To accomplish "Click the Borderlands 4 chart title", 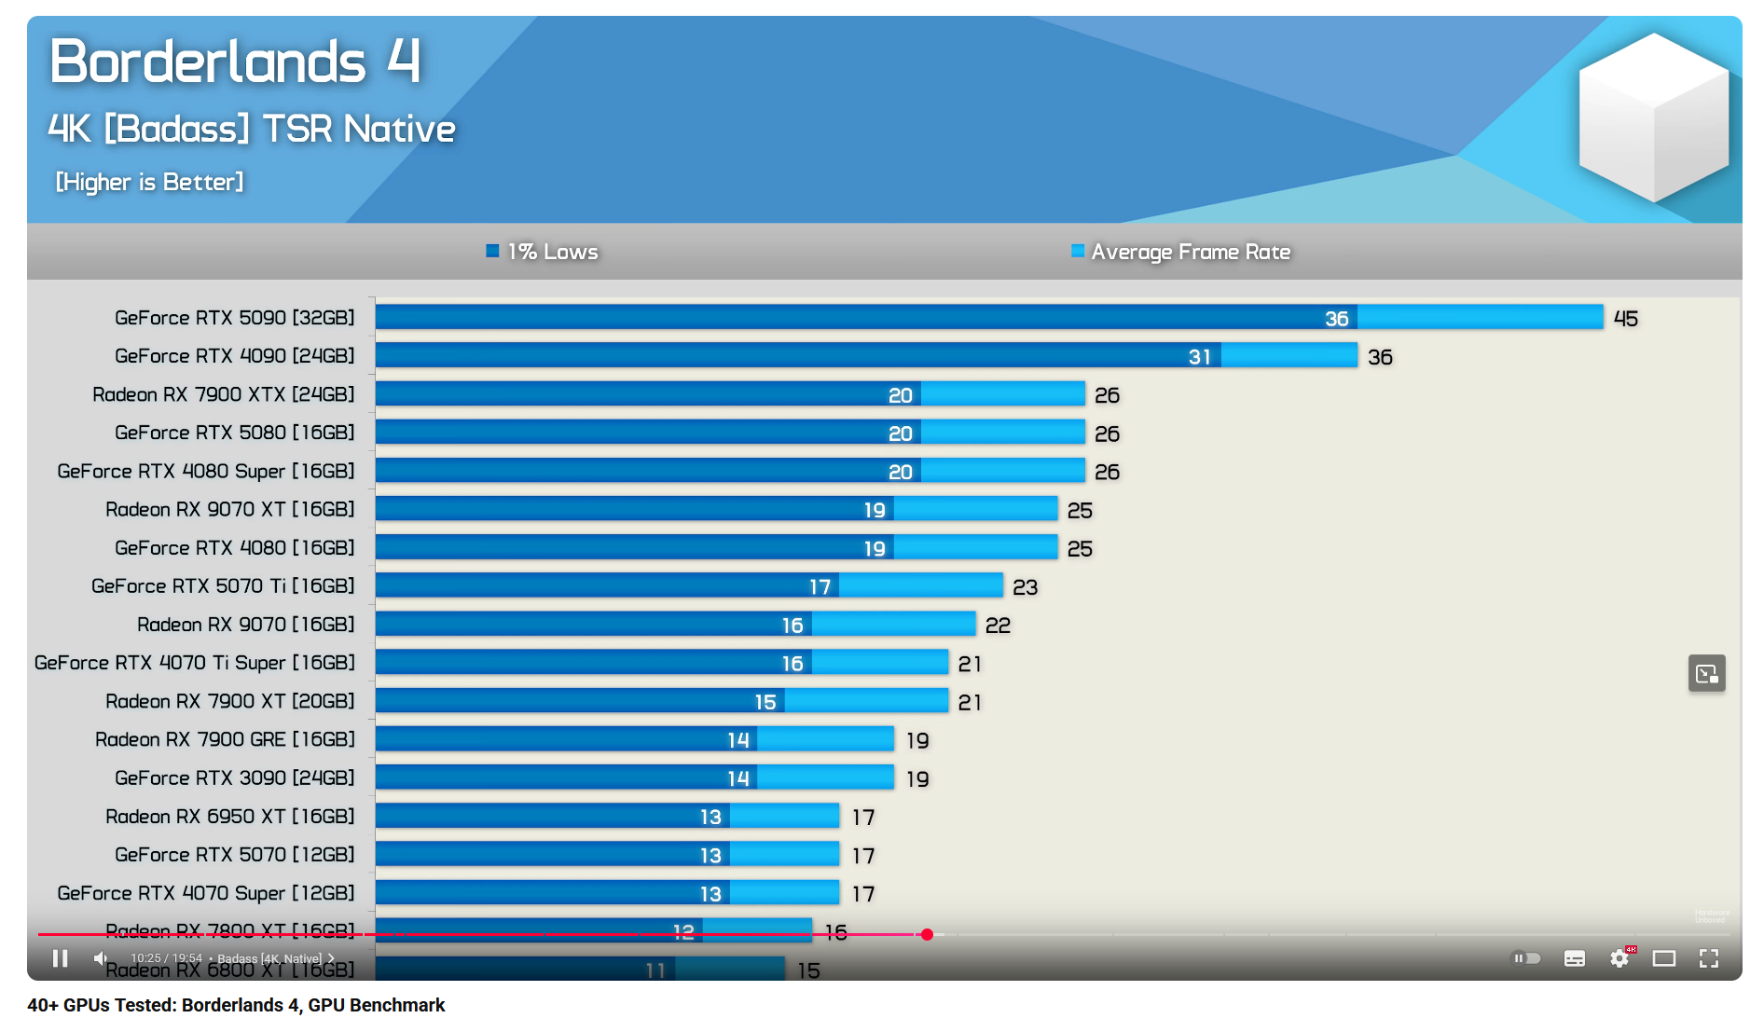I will [x=235, y=62].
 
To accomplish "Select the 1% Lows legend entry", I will [x=543, y=252].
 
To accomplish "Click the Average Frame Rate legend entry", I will [x=1180, y=252].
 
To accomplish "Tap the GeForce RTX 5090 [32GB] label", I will [x=234, y=318].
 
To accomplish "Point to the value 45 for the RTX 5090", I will [x=1625, y=319].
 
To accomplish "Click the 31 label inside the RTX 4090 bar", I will [x=1199, y=357].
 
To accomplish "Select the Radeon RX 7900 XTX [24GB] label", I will [x=223, y=394].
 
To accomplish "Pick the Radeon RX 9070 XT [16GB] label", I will [x=229, y=509].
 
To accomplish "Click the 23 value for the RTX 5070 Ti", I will [x=1025, y=587].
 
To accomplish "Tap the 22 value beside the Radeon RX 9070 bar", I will [x=998, y=626].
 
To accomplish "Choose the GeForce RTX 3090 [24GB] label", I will [x=234, y=777].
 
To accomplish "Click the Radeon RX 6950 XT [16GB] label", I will [x=229, y=817].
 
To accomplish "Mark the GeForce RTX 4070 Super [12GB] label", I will [x=205, y=893].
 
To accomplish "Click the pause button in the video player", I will [x=61, y=958].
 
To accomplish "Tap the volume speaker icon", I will [x=101, y=958].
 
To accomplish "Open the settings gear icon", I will [x=1619, y=958].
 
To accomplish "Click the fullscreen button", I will [x=1708, y=958].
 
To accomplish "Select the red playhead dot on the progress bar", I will [x=927, y=934].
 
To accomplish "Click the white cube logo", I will [x=1653, y=117].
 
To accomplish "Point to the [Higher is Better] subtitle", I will [x=149, y=182].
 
